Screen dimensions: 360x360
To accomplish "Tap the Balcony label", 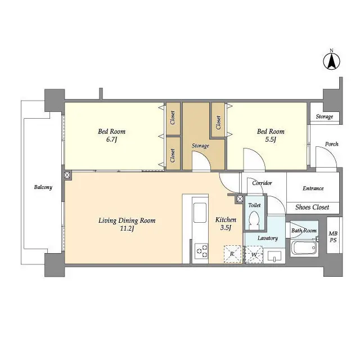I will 43,187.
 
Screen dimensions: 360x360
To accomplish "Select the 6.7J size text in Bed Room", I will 111,140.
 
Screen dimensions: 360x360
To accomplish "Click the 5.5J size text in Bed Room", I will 271,140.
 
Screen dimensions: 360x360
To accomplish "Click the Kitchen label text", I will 226,220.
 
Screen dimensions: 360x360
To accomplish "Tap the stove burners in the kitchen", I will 201,251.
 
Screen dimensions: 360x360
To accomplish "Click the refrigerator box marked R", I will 232,255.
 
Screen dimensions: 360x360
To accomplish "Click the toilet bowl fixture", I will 255,218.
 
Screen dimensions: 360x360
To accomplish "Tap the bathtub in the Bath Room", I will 304,249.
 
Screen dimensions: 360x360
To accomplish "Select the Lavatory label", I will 268,238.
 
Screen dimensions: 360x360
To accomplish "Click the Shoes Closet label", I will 312,208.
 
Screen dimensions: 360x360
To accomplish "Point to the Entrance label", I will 313,188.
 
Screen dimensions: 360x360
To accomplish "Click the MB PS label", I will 333,237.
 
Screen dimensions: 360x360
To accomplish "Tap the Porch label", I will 331,144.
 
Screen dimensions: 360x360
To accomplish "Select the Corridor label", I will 262,183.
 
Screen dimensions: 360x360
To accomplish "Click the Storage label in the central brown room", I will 200,146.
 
